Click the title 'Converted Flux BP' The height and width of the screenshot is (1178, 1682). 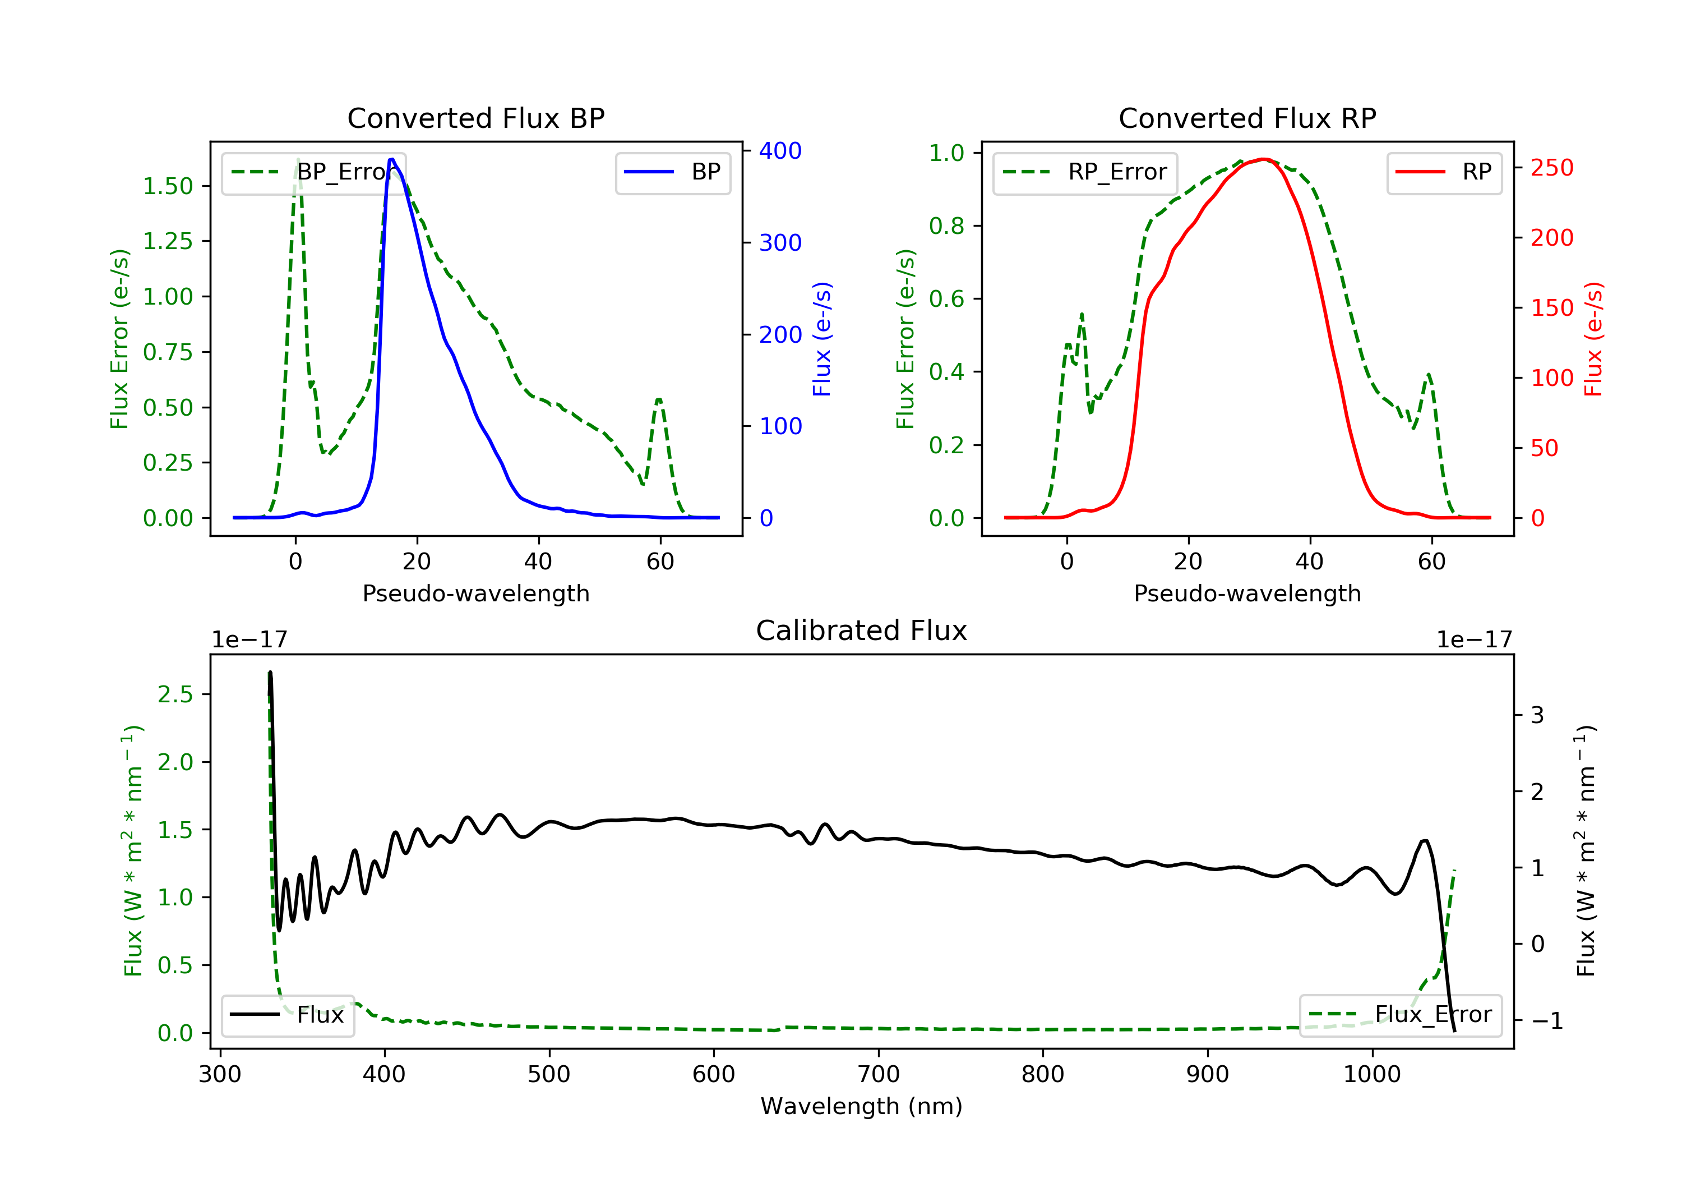point(475,118)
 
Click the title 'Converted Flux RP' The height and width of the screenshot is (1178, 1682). point(1247,118)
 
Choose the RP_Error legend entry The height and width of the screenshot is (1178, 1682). point(1085,172)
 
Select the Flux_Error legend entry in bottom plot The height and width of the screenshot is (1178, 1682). point(1400,1015)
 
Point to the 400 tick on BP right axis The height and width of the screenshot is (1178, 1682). point(779,151)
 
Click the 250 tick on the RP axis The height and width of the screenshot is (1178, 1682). point(1551,168)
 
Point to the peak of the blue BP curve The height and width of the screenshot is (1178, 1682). point(392,159)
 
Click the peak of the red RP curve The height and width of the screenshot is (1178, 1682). point(1264,159)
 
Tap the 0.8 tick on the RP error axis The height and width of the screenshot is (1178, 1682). point(946,226)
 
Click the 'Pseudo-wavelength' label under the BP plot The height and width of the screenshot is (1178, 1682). point(475,593)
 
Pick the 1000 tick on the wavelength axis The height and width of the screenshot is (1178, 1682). point(1371,1075)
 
